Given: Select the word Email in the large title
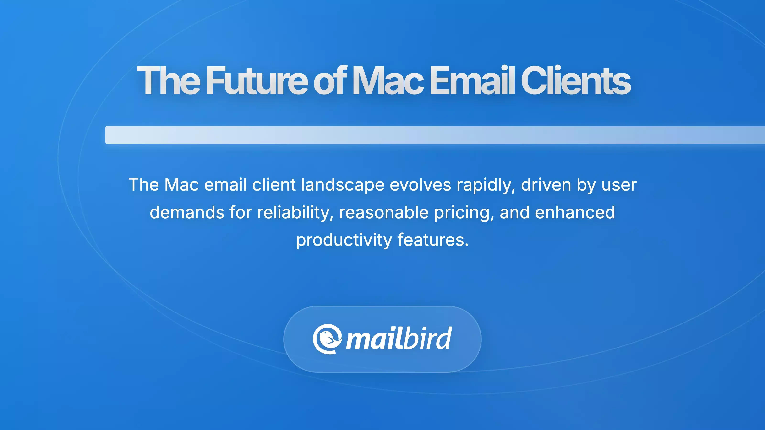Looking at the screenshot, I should click(x=472, y=81).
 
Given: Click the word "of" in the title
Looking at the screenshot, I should click(x=330, y=81).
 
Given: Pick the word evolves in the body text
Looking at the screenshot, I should click(x=420, y=185).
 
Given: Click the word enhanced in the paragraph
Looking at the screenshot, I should click(x=575, y=212).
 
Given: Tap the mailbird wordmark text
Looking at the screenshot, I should click(x=399, y=339).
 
